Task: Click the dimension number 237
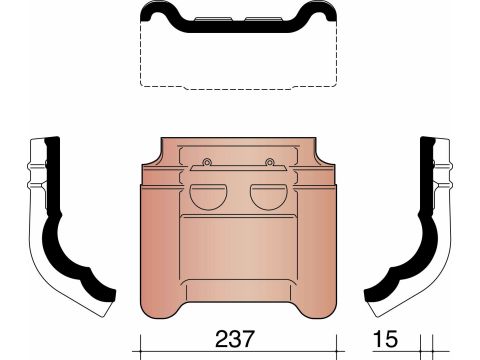coord(235,339)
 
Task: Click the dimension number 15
coord(385,339)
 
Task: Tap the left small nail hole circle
coord(207,162)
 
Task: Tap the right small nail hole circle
coord(269,162)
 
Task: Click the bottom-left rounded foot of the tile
coord(159,307)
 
